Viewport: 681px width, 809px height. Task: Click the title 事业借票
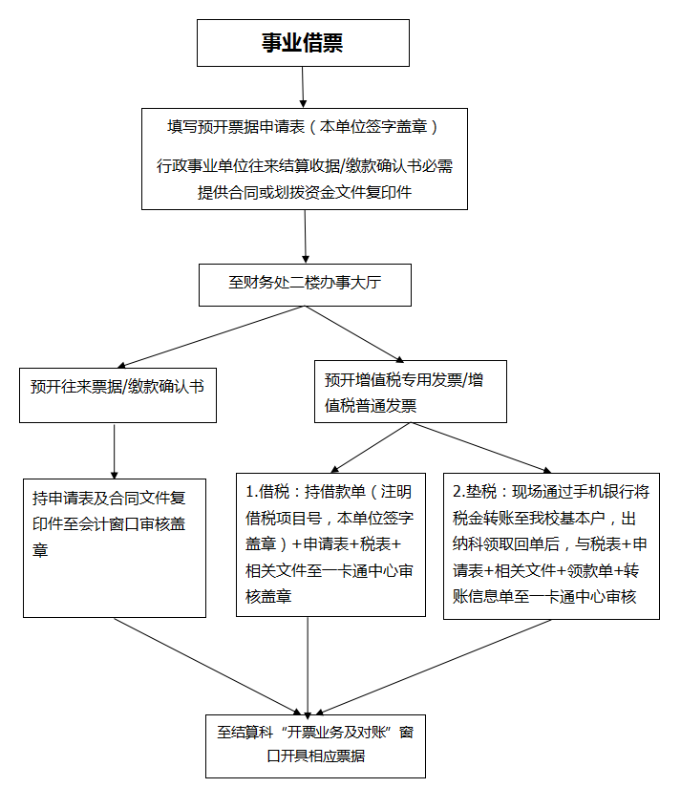(303, 43)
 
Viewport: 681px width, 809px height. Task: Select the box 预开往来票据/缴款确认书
(117, 387)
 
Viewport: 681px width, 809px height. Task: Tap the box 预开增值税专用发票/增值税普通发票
(410, 393)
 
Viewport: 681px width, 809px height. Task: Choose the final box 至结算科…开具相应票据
(316, 745)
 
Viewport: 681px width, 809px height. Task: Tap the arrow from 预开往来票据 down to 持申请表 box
(115, 449)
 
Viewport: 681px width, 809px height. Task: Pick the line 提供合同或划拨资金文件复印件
(305, 192)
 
